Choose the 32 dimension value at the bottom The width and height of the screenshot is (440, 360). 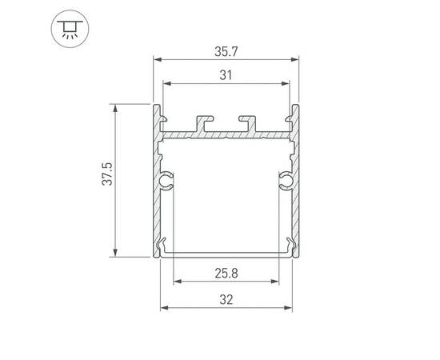coord(226,299)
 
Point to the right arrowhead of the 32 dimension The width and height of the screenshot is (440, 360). coord(291,308)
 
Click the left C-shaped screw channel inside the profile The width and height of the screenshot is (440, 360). coord(167,182)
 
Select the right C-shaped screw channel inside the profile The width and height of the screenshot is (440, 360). coord(286,182)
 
